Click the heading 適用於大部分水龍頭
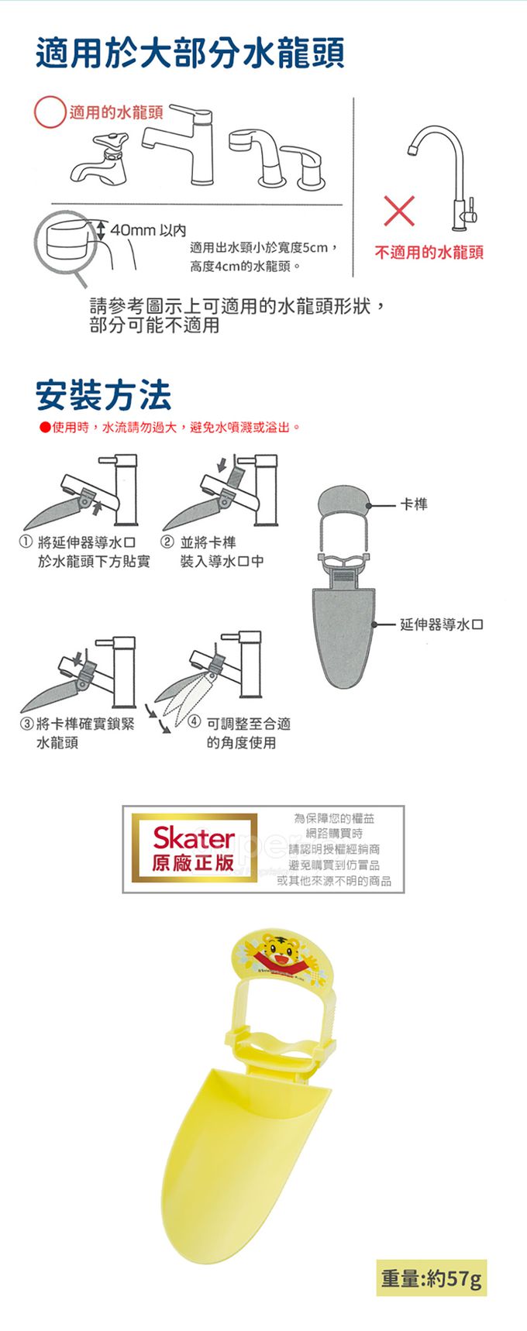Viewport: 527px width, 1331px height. pos(190,53)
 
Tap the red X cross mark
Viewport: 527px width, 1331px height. pos(398,212)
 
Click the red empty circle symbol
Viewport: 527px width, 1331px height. pos(50,112)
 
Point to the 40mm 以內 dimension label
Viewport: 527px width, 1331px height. pos(148,230)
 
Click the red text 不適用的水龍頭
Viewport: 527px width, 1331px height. pos(429,253)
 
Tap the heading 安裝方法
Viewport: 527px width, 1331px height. pos(104,395)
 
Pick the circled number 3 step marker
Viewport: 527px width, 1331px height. pos(26,724)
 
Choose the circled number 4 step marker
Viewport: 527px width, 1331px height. pos(195,723)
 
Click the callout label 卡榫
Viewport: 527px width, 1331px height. pos(414,504)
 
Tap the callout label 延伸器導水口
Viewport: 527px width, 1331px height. pos(442,624)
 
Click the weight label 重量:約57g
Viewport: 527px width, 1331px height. pos(432,1278)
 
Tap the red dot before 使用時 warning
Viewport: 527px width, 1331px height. pos(46,428)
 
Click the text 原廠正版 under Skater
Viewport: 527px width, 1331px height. pos(194,863)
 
